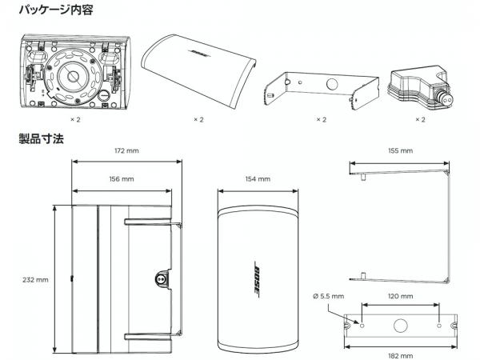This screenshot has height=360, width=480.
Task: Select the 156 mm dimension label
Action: coord(120,178)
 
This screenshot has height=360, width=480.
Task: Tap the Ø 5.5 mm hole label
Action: coord(328,296)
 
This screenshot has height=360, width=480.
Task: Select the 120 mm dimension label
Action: coord(401,296)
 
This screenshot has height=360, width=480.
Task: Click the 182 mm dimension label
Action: coord(401,355)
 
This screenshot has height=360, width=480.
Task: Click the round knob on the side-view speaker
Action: coord(159,280)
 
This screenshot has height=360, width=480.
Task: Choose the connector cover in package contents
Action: coord(419,88)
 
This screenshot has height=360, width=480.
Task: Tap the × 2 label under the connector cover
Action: coord(420,119)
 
